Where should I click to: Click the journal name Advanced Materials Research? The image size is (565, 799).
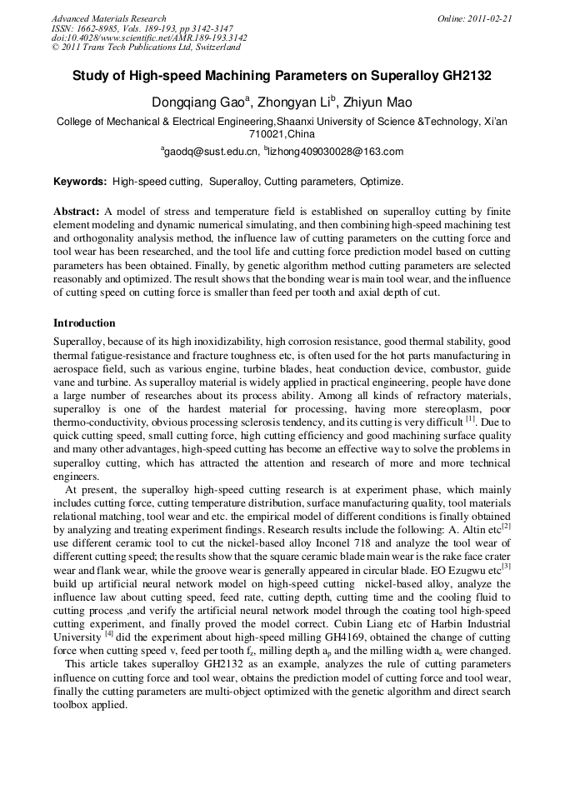(108, 18)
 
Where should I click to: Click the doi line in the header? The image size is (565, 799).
(149, 38)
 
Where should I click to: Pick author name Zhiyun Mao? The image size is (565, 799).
(376, 103)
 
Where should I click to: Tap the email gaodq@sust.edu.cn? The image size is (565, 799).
(211, 152)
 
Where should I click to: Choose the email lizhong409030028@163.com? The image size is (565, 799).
(336, 152)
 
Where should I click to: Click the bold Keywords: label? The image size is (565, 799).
(80, 182)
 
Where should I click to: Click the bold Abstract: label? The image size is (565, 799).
(77, 212)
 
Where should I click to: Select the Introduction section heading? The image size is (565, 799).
(84, 323)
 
